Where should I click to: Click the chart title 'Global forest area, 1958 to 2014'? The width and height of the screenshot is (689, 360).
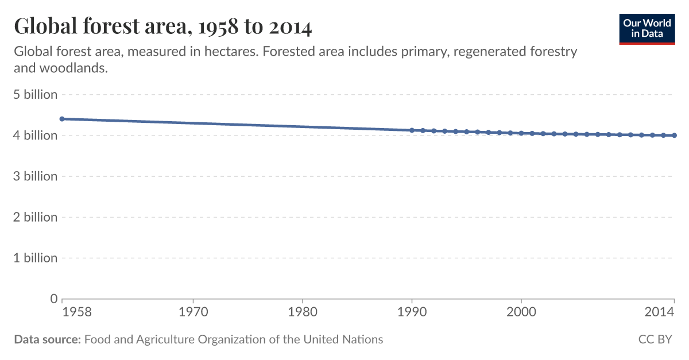point(162,26)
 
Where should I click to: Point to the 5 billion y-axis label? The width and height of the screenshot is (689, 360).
point(36,95)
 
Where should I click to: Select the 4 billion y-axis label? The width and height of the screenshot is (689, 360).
point(36,136)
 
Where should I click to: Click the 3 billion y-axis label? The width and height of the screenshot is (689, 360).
point(36,176)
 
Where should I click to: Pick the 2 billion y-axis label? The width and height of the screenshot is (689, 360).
point(36,217)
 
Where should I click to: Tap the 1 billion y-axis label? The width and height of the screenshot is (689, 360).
point(36,258)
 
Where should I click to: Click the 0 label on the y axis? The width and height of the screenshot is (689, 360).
point(54,299)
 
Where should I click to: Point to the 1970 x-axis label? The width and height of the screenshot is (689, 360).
point(193,313)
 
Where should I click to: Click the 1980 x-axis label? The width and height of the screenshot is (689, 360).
point(302,313)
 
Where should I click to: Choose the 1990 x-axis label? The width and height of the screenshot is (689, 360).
point(412,313)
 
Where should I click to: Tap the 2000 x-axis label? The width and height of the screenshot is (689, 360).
point(521,313)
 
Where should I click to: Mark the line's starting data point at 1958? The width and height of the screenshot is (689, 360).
point(62,119)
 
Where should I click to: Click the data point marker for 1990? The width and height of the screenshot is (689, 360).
point(412,130)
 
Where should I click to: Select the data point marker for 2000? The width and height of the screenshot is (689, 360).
point(521,133)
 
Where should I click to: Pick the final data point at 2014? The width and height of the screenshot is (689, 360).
point(674,136)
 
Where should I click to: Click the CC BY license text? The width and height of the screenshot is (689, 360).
point(655,339)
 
